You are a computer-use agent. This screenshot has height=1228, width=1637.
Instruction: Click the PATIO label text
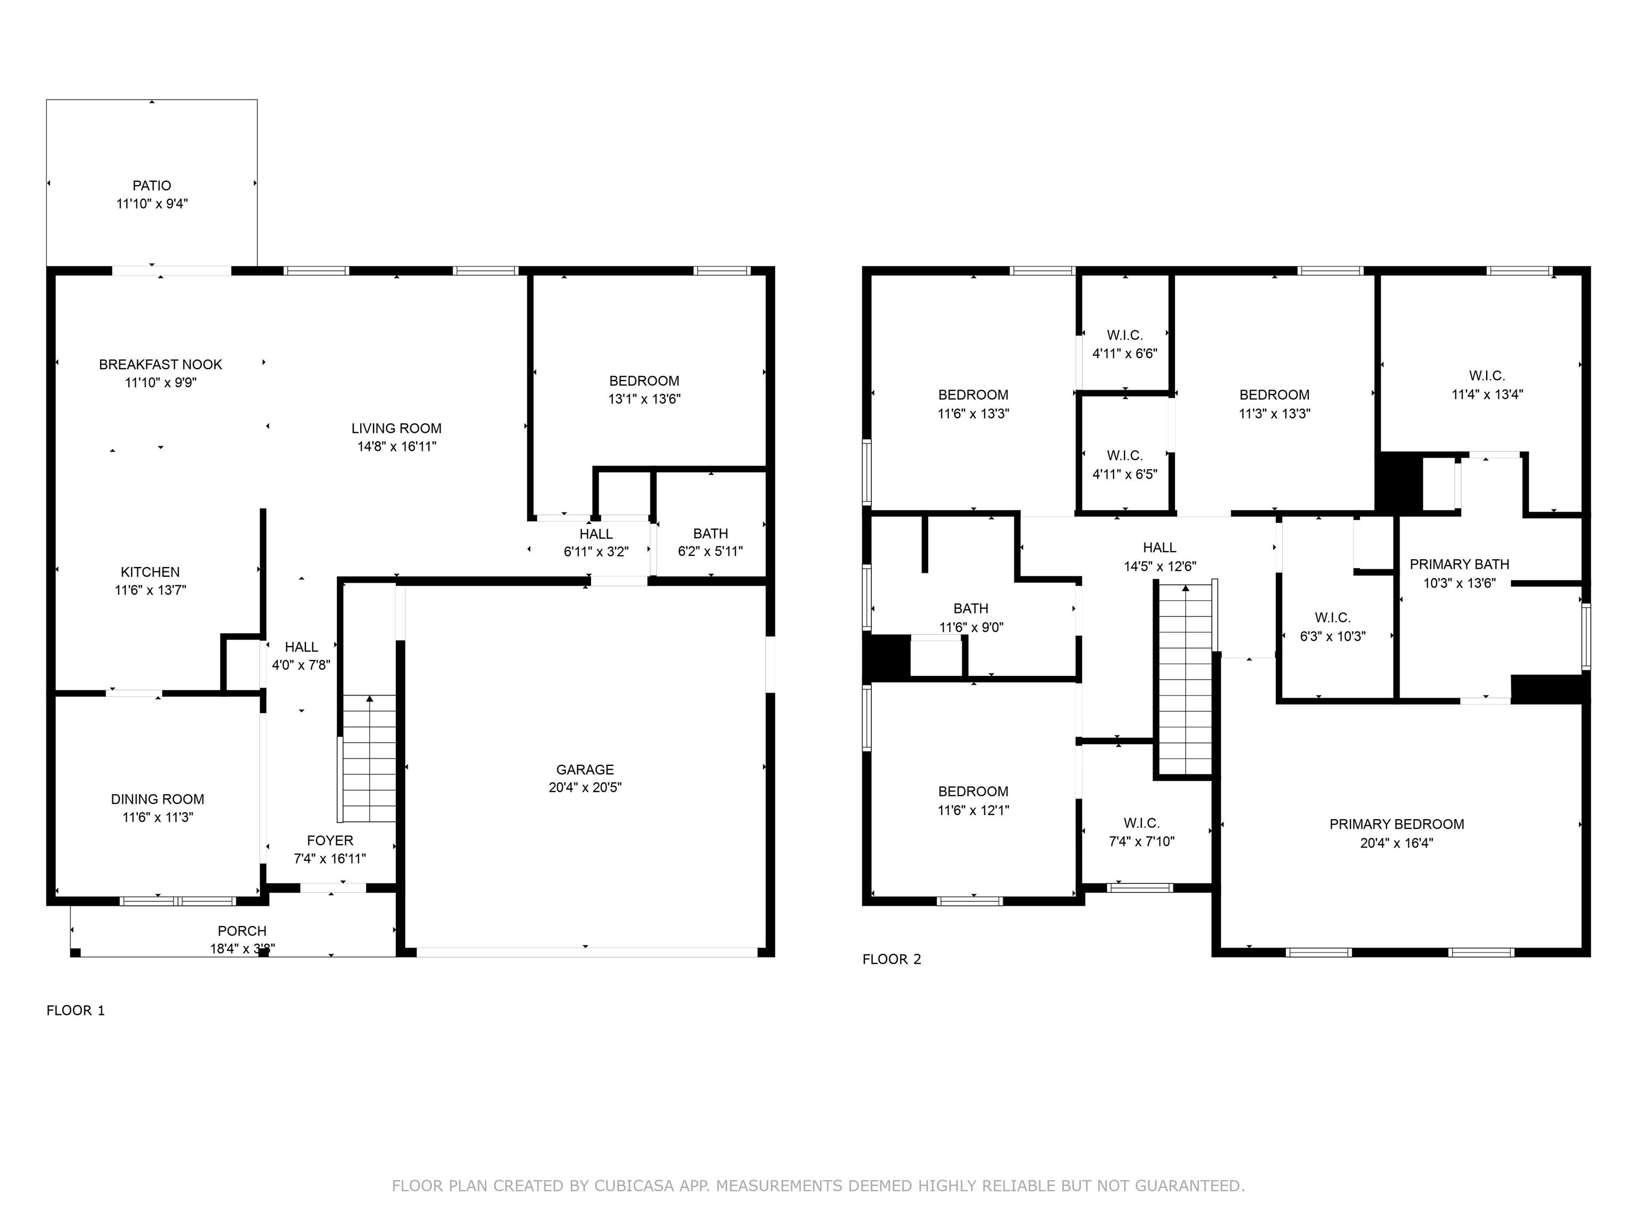pyautogui.click(x=152, y=186)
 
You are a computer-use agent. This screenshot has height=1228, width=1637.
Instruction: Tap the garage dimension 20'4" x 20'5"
pyautogui.click(x=585, y=788)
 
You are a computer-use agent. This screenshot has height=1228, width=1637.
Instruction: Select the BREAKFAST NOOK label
pyautogui.click(x=160, y=364)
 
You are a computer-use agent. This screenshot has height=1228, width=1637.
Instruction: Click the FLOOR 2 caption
pyautogui.click(x=891, y=959)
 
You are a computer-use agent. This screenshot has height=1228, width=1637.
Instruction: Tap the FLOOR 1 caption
pyautogui.click(x=76, y=1011)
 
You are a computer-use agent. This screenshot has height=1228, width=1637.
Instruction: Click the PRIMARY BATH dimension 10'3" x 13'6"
pyautogui.click(x=1458, y=583)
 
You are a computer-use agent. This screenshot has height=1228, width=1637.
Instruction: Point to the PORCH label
pyautogui.click(x=241, y=931)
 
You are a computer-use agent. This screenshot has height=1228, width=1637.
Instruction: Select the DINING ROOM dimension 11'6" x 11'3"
pyautogui.click(x=158, y=817)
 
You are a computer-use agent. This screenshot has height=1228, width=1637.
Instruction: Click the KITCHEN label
pyautogui.click(x=150, y=572)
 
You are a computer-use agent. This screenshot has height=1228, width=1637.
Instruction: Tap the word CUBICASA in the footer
pyautogui.click(x=634, y=1186)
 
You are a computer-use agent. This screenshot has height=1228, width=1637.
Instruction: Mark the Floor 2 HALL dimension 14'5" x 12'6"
pyautogui.click(x=1159, y=566)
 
